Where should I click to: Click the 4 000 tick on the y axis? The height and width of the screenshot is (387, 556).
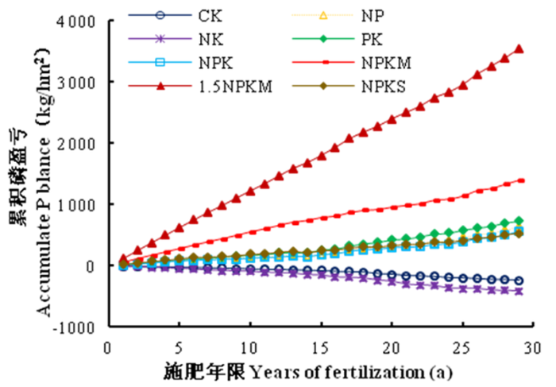tap(77, 21)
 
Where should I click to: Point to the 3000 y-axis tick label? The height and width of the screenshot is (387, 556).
tap(80, 82)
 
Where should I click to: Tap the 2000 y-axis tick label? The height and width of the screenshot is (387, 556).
tap(80, 143)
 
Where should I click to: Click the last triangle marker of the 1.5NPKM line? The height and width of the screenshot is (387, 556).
tap(519, 49)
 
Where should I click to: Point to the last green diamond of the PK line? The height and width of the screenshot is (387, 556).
tap(519, 221)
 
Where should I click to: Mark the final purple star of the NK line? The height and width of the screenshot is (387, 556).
tap(519, 292)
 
